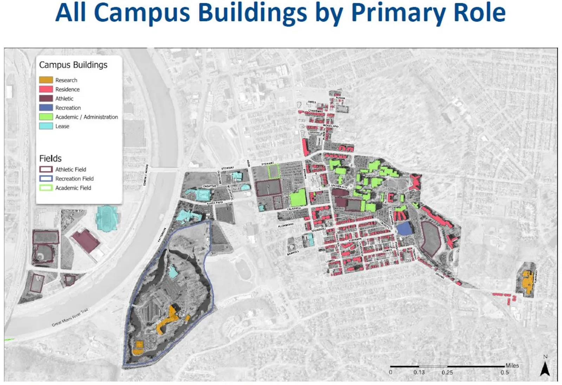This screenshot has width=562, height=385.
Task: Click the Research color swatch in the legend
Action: pos(46,80)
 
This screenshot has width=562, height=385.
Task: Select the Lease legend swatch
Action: pos(46,126)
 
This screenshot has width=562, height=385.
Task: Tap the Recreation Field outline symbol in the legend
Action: pos(46,179)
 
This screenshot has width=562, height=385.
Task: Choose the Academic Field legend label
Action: pos(73,188)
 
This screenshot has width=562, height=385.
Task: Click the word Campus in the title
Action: pos(143,13)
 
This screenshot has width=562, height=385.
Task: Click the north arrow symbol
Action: pos(545,368)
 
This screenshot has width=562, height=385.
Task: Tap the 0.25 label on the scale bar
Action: pos(447,373)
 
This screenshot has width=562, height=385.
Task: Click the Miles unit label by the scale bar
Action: pos(512,366)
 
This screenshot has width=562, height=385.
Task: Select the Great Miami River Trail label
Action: pos(70,317)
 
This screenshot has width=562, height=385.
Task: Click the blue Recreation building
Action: pos(404,229)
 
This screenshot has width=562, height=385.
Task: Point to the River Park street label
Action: pos(215,203)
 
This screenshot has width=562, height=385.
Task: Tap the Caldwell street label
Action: pos(294,209)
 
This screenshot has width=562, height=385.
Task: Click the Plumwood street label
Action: pos(286,225)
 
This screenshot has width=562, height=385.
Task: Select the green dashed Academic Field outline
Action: pos(274,171)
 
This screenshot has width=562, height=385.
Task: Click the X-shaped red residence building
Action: pos(415,182)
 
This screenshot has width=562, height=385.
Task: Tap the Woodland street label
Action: pos(331,126)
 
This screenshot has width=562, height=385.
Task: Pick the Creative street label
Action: pos(209,186)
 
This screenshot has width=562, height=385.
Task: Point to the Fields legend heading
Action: pos(50,159)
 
